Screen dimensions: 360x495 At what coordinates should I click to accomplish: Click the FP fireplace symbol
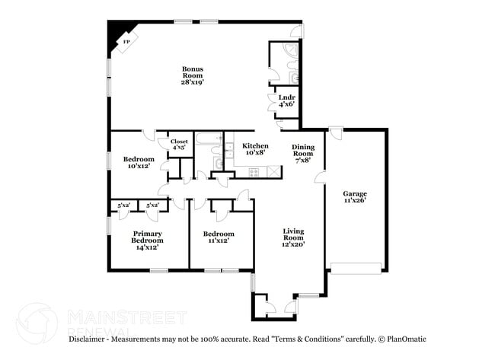pyautogui.click(x=126, y=43)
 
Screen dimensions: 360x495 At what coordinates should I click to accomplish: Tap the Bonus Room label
pyautogui.click(x=192, y=75)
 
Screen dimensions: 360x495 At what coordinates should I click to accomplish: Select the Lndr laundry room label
pyautogui.click(x=286, y=100)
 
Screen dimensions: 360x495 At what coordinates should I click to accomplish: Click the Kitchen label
pyautogui.click(x=255, y=149)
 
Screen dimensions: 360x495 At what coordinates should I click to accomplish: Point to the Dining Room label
pyautogui.click(x=302, y=153)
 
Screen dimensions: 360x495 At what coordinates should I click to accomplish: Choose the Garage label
pyautogui.click(x=355, y=197)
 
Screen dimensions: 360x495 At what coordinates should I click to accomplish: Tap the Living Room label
pyautogui.click(x=293, y=238)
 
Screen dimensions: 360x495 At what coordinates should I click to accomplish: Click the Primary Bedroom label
pyautogui.click(x=148, y=240)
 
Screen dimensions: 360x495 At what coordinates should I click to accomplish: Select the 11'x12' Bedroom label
pyautogui.click(x=218, y=237)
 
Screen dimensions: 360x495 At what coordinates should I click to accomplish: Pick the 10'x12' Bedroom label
pyautogui.click(x=139, y=162)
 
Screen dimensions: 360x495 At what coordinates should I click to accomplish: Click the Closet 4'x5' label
pyautogui.click(x=179, y=144)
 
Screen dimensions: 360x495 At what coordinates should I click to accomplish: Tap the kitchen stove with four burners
pyautogui.click(x=254, y=172)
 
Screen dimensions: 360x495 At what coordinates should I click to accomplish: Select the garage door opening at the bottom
pyautogui.click(x=354, y=268)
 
